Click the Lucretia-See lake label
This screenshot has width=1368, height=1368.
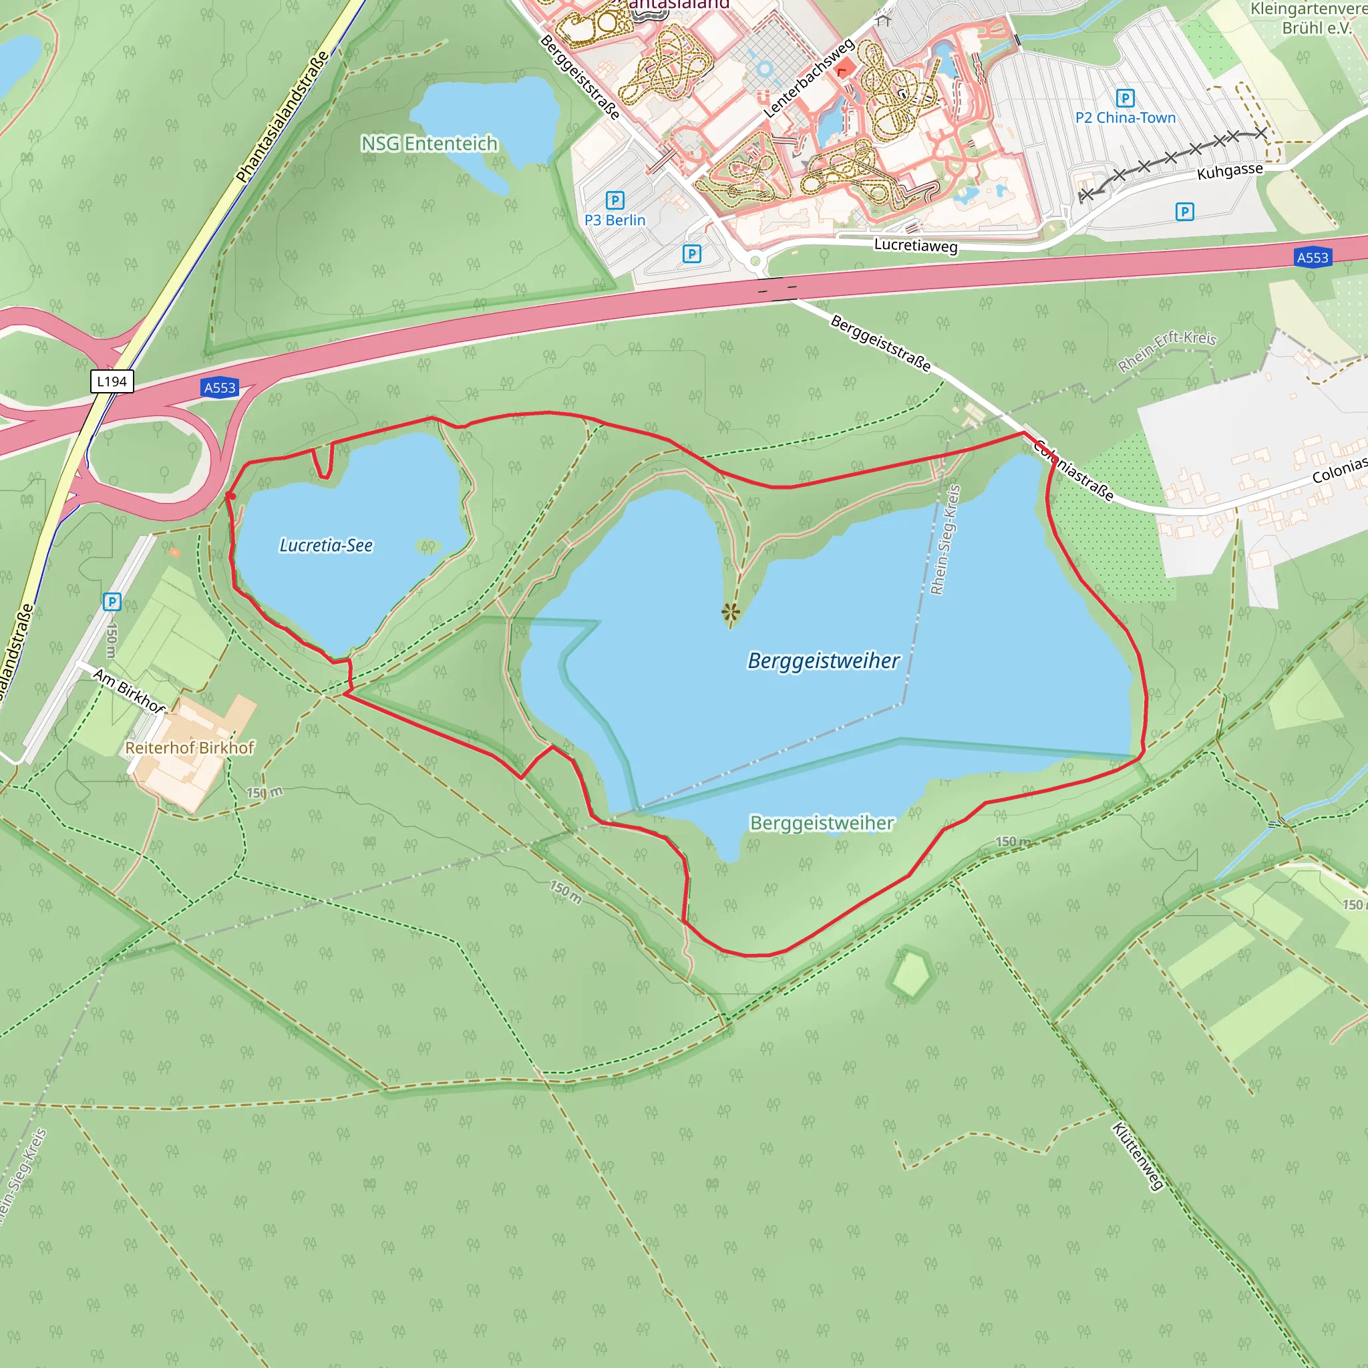click(x=326, y=545)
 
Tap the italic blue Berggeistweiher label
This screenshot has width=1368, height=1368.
click(x=823, y=661)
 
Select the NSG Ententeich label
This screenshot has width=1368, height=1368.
click(x=429, y=144)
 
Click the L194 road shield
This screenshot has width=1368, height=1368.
click(x=112, y=381)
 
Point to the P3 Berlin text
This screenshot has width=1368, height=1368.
click(x=615, y=220)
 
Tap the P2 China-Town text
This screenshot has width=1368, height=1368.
click(x=1125, y=118)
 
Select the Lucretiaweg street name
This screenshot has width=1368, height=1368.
click(x=916, y=245)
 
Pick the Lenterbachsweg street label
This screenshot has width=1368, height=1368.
click(x=809, y=79)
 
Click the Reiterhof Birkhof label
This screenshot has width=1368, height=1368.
click(x=189, y=747)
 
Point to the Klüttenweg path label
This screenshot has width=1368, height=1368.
click(x=1137, y=1156)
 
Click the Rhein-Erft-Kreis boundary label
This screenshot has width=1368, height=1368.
click(x=1167, y=350)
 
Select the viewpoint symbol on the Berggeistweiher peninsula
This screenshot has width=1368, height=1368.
click(x=731, y=612)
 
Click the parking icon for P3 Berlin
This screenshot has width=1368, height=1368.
click(x=615, y=201)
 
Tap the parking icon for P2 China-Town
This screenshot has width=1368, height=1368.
click(x=1125, y=98)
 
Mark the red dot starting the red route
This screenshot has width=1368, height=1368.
click(x=231, y=496)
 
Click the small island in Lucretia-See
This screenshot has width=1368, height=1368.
click(x=427, y=546)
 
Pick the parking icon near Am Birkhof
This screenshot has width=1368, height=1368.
click(x=112, y=602)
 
